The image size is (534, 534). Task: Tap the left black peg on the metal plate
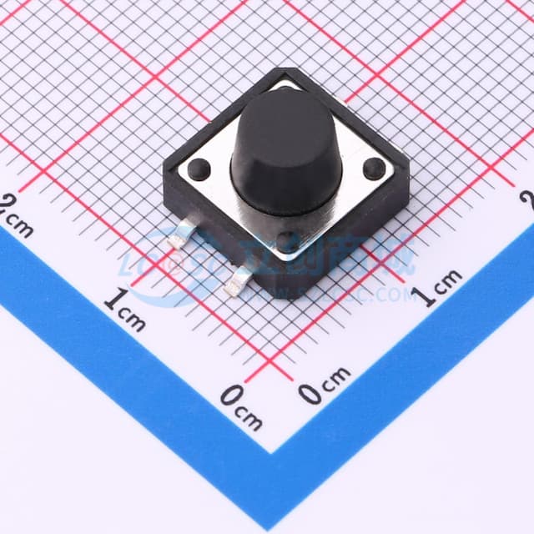click(x=198, y=169)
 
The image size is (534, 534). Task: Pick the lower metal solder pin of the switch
click(x=235, y=286)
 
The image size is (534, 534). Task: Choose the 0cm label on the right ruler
click(x=325, y=388)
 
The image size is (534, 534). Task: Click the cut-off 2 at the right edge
click(x=526, y=198)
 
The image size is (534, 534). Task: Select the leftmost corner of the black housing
click(x=164, y=173)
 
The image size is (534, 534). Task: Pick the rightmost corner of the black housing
click(x=408, y=170)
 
